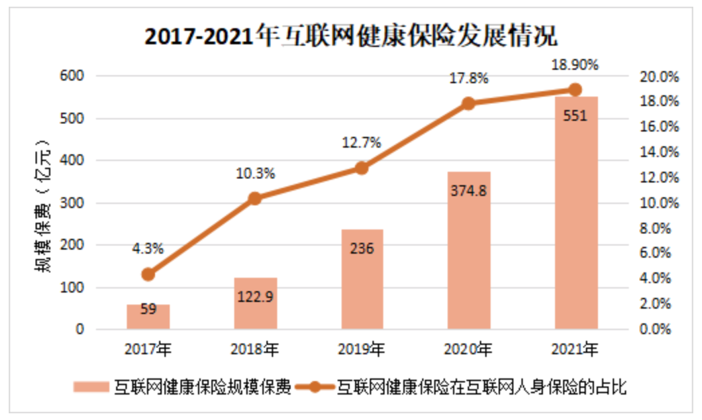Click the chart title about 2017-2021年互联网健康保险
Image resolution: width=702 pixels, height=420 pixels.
click(351, 36)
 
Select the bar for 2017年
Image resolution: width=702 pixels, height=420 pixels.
click(148, 317)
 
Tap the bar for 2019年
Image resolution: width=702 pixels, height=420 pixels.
click(362, 279)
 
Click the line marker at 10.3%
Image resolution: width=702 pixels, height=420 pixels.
click(255, 199)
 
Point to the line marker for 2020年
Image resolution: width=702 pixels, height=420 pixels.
click(468, 103)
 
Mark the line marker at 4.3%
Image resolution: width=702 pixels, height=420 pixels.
click(148, 274)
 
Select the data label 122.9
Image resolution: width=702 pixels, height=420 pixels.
click(255, 296)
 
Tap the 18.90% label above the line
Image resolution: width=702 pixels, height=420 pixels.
click(574, 65)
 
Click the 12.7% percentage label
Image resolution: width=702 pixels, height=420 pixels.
click(362, 142)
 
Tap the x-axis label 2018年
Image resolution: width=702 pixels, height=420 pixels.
click(255, 349)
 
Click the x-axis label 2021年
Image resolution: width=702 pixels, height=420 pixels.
click(575, 349)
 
